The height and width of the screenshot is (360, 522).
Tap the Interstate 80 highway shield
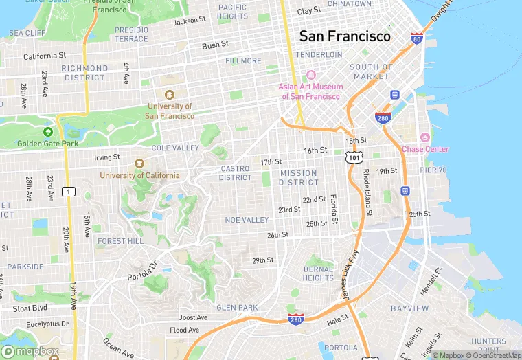pos(416,38)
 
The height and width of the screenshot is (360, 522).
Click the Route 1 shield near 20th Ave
pos(68,191)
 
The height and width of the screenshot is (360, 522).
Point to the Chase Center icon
pos(424,138)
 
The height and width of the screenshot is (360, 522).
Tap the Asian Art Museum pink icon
pos(310,75)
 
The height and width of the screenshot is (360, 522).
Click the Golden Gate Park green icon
pos(47,132)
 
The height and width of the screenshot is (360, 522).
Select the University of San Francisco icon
pos(169,95)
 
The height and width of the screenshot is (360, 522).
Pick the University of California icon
pos(139,164)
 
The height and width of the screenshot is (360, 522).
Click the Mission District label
pos(299,178)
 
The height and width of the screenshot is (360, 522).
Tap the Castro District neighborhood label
pos(236,173)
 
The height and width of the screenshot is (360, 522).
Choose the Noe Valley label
pos(247,220)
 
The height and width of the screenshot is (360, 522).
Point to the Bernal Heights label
pos(318,273)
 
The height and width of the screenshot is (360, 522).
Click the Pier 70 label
pos(433,170)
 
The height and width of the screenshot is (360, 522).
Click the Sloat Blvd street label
pos(30,308)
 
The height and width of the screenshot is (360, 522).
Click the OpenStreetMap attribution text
pos(492,355)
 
